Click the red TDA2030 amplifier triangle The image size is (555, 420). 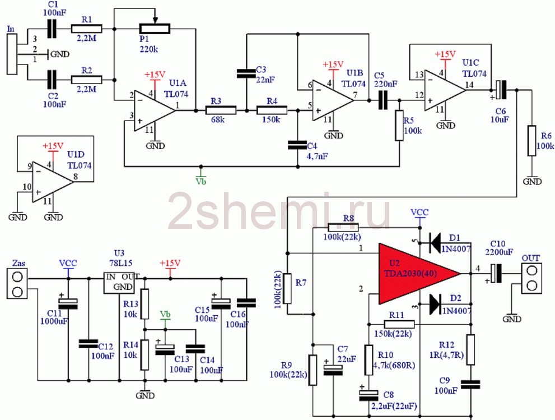pos(414,273)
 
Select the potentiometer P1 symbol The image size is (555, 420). pos(155,28)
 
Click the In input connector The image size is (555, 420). pos(12,54)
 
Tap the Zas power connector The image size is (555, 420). pos(17,284)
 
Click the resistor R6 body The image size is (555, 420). pos(532,141)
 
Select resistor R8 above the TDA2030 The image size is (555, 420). pos(343,228)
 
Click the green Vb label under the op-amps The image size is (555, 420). pos(200,181)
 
